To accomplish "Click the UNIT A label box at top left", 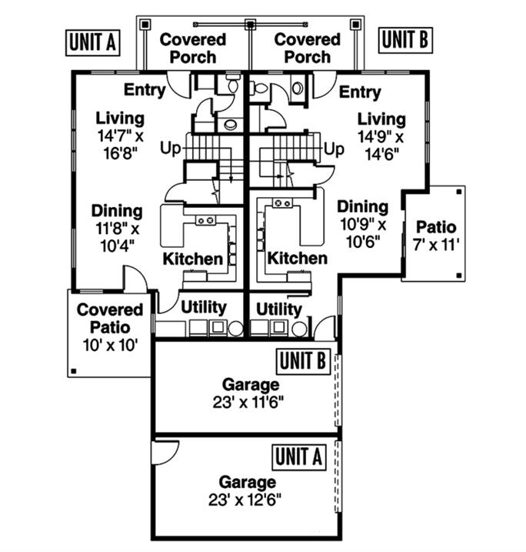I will click(92, 43).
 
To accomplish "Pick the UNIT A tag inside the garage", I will click(298, 457).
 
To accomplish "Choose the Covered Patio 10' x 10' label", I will click(110, 327).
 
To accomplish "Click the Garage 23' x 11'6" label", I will click(251, 393).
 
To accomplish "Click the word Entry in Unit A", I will click(144, 90).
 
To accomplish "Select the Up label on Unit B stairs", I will click(334, 149).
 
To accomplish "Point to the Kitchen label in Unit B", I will click(296, 259).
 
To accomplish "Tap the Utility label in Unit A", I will click(203, 307).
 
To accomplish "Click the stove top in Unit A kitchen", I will click(205, 221).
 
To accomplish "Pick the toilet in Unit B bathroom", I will click(260, 89).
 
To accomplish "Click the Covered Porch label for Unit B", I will click(307, 48).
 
